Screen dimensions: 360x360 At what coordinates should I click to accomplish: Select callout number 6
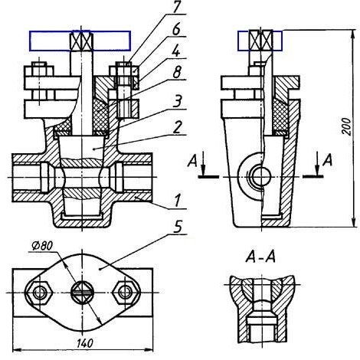(x=176, y=29)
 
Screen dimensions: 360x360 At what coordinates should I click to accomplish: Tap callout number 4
(x=175, y=51)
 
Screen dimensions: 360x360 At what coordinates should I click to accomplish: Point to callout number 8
(x=177, y=72)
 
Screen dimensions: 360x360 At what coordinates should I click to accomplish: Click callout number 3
(x=177, y=101)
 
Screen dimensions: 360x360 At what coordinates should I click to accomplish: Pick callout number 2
(x=178, y=127)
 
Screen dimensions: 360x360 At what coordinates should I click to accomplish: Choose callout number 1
(x=178, y=201)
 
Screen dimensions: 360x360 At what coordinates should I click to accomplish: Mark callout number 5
(x=178, y=226)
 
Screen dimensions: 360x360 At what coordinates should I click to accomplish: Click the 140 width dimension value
(x=85, y=343)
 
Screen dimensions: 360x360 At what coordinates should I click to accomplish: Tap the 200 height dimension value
(x=346, y=126)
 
